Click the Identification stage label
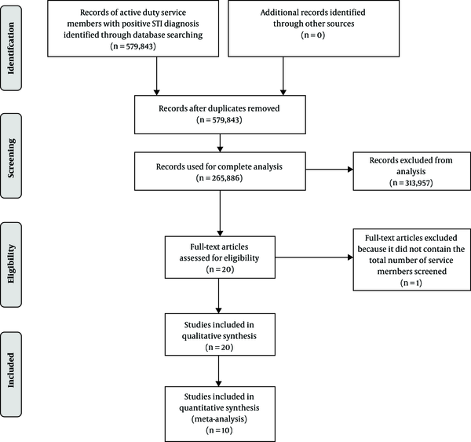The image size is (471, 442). point(11,48)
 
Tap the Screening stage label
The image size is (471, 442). point(11,158)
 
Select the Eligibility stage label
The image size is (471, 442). point(11,264)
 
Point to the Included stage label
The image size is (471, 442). point(11,370)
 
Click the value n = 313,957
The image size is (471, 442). point(411,183)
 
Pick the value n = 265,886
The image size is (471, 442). point(219,178)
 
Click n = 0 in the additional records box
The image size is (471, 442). point(313,35)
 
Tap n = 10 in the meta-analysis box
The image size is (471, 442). point(219,430)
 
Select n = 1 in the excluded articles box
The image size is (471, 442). point(411,283)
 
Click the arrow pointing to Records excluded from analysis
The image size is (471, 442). point(329,170)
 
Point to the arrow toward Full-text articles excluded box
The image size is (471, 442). point(314,258)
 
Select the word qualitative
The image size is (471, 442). point(199,336)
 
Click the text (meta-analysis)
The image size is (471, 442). point(219,419)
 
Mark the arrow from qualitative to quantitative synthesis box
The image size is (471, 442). point(219,371)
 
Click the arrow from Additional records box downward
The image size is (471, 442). point(283,76)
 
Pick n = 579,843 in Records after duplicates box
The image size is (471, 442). point(219,120)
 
